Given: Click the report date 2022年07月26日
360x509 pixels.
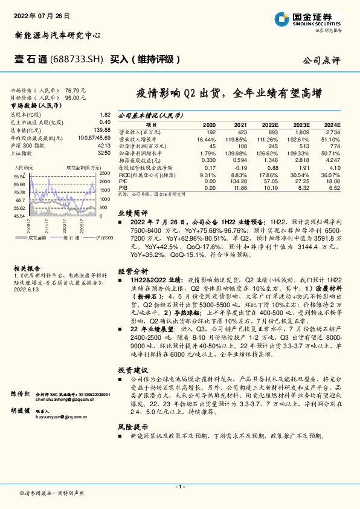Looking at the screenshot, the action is (42, 14).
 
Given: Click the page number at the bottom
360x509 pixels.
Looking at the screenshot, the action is (180, 486).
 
